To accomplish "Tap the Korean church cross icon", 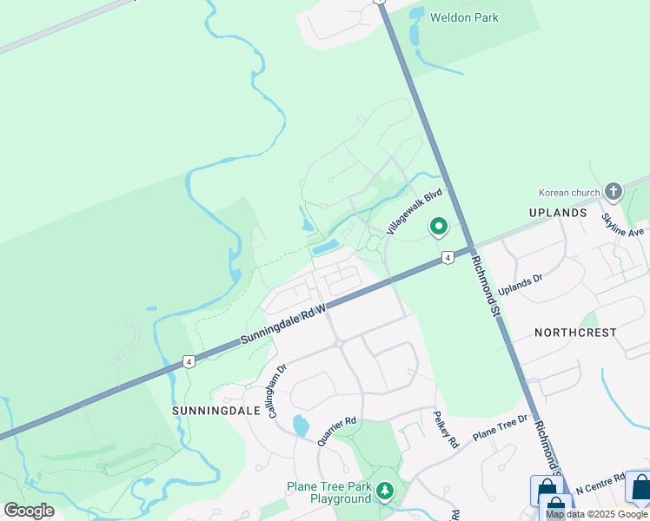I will (x=614, y=191).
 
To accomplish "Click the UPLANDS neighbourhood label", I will (x=558, y=212).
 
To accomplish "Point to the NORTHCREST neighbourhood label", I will (x=575, y=333).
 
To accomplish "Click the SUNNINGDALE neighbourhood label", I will (x=204, y=408).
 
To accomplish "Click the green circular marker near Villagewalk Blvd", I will (x=438, y=227).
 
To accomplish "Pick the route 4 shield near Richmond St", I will (x=447, y=258).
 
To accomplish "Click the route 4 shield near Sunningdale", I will (x=188, y=361).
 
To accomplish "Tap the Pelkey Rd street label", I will (x=446, y=428).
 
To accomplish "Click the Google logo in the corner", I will (x=29, y=511).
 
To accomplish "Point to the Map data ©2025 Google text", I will (x=597, y=514).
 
